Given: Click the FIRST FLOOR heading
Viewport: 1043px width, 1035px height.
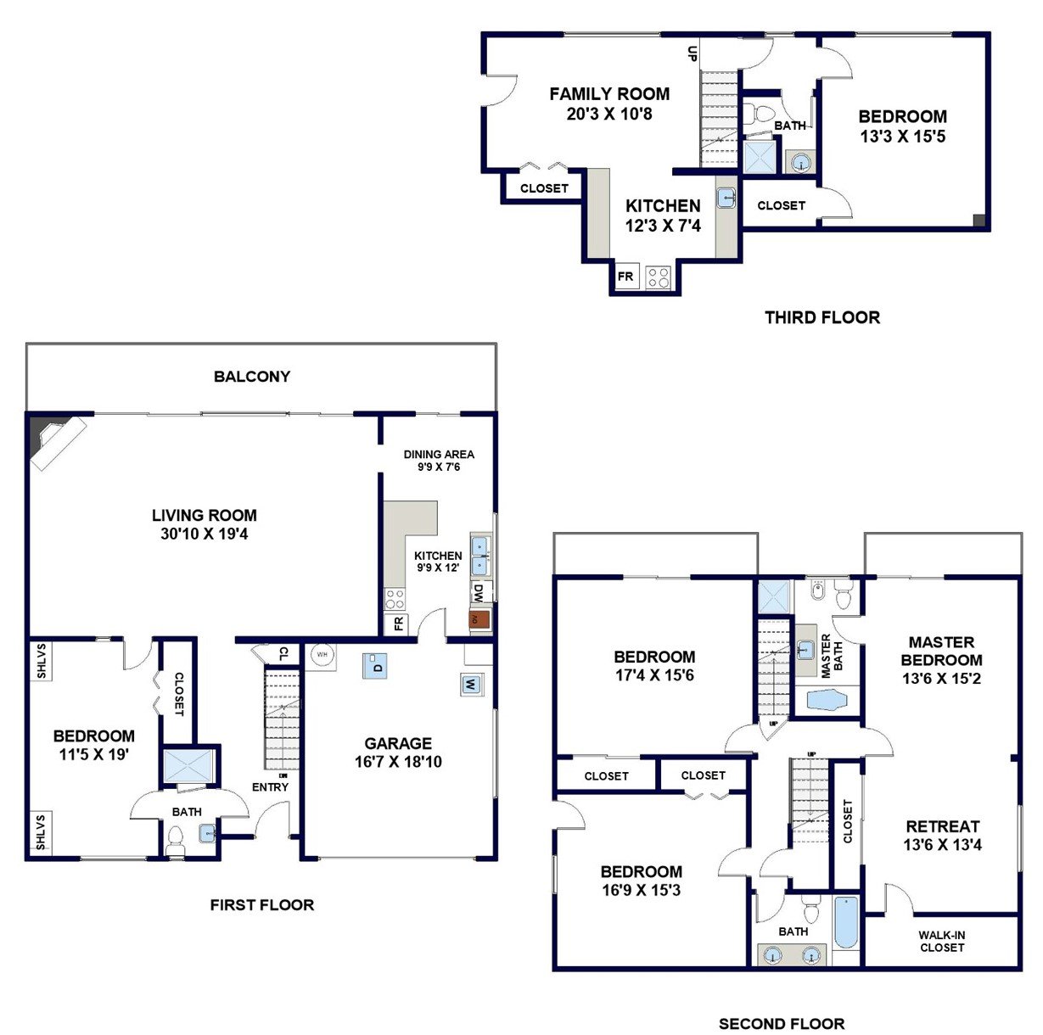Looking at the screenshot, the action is coord(262,904).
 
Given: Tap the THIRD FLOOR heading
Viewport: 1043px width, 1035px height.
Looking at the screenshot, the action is coord(822,317).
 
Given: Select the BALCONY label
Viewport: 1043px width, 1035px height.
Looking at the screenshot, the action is coord(252,376).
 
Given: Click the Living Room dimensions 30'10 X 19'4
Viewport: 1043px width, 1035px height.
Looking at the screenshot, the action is coord(204,534).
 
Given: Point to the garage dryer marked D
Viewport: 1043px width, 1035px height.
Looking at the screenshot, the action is coord(374,666).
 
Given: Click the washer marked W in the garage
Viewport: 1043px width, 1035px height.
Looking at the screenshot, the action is coord(469,685).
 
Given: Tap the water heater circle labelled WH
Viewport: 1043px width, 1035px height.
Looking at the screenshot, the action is coord(322,654).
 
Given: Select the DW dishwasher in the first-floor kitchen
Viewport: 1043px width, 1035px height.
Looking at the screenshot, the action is coord(479,591).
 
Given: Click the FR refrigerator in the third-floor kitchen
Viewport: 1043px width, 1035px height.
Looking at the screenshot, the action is coord(625,276).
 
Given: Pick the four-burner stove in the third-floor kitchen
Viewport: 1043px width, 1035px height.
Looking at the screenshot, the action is coord(659,277).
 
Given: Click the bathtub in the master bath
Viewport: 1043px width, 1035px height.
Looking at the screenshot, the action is coord(827,699).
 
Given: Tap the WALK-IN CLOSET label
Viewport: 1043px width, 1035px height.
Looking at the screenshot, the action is coord(941,942).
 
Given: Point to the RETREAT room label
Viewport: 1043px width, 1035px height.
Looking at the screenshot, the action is coord(942,826).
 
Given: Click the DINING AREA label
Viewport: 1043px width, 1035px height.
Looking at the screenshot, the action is coord(439,454).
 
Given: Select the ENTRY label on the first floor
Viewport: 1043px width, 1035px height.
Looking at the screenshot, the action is coord(270,787).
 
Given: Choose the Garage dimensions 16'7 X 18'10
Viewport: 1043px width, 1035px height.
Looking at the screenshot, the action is coord(398,762).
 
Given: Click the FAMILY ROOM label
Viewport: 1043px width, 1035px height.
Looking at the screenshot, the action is coord(609,94).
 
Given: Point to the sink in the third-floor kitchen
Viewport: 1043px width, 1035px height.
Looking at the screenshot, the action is coord(726,198).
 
